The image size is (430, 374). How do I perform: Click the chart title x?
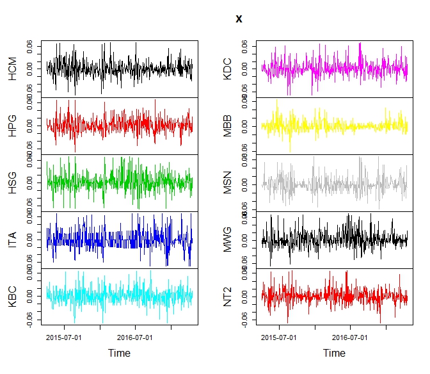tap(239, 19)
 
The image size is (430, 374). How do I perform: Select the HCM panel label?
tap(13, 69)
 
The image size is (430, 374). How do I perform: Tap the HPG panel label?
tap(13, 126)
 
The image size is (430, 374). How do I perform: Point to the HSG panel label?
tap(13, 183)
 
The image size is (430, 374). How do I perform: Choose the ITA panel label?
tap(13, 240)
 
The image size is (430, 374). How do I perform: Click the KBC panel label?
tap(13, 297)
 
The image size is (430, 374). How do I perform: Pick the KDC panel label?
tap(227, 69)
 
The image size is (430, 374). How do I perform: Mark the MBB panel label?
tap(227, 126)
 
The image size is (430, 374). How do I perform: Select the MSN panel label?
tap(227, 183)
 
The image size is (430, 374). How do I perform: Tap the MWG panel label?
tap(227, 240)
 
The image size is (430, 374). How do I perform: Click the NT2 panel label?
tap(227, 297)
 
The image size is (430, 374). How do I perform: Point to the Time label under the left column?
tap(119, 353)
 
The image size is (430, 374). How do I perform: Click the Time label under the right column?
tap(334, 353)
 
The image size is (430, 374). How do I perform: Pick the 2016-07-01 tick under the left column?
tap(135, 336)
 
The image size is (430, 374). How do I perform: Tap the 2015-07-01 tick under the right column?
tap(279, 336)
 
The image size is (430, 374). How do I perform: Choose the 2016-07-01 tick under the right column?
tap(350, 336)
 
